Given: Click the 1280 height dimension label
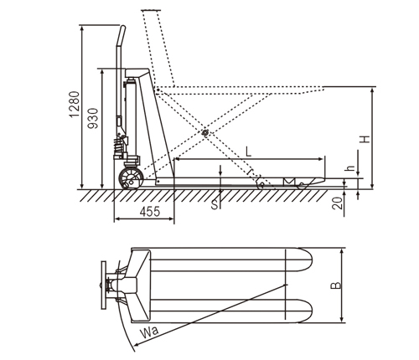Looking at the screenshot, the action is [x=75, y=105].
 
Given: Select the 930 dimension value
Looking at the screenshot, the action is [x=93, y=118].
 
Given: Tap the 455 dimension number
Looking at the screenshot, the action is [x=150, y=212].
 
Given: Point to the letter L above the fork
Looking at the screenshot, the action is [x=248, y=152].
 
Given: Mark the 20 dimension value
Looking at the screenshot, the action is [x=338, y=203].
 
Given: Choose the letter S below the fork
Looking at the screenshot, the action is [x=215, y=205].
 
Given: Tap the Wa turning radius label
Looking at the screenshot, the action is [x=149, y=332].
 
